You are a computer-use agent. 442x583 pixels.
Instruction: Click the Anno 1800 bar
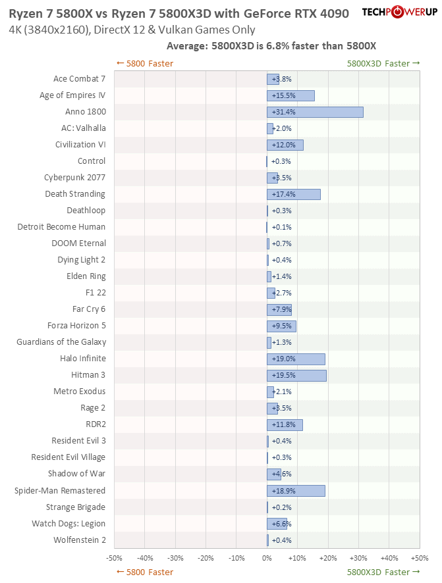pos(315,112)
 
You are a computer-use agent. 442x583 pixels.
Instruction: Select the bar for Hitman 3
pos(296,375)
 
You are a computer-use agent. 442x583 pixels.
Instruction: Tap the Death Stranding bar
pos(293,194)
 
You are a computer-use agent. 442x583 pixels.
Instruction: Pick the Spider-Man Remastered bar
pos(296,491)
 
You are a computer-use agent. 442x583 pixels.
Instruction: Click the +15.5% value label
pos(283,95)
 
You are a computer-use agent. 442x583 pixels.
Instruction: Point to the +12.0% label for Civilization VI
pos(283,145)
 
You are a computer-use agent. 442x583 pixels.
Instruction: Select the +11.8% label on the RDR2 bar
pos(283,424)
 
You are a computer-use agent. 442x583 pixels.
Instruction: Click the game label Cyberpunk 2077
pos(74,178)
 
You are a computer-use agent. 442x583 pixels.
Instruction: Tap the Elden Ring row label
pos(86,276)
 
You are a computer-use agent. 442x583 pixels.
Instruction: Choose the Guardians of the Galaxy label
pos(61,342)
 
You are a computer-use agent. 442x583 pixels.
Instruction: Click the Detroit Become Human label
pos(61,227)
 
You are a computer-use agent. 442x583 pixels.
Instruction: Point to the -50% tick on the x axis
pos(114,558)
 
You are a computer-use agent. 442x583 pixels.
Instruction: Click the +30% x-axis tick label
pos(358,558)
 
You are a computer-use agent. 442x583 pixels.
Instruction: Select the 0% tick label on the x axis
pos(267,558)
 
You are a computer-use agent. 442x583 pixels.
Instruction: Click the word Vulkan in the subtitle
pos(177,30)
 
